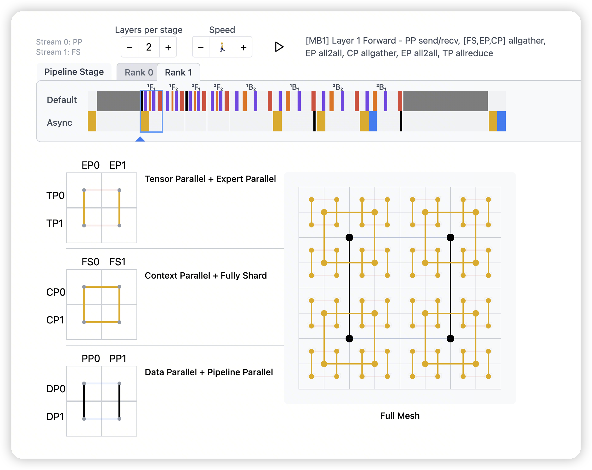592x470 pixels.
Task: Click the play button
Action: click(279, 47)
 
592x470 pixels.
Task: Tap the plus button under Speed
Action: click(243, 47)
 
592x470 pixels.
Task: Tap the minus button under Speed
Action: click(201, 47)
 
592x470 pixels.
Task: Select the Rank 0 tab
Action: click(139, 72)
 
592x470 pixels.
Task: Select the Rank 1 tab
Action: click(178, 72)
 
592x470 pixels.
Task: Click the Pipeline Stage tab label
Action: click(74, 72)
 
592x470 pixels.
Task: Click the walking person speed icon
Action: click(222, 47)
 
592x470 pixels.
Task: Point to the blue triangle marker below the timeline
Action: click(140, 139)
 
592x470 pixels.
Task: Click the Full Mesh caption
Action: click(400, 416)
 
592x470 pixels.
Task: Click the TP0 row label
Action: click(55, 196)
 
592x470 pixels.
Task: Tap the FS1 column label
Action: click(118, 262)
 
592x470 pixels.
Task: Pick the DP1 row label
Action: click(55, 417)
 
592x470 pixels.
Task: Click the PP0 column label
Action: click(91, 359)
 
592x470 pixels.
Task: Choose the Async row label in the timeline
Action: click(59, 123)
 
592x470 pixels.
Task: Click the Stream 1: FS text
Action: click(58, 52)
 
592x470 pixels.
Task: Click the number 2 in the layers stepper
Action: click(149, 47)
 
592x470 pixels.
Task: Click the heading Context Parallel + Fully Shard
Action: click(206, 275)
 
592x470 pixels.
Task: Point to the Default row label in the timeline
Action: click(62, 100)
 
